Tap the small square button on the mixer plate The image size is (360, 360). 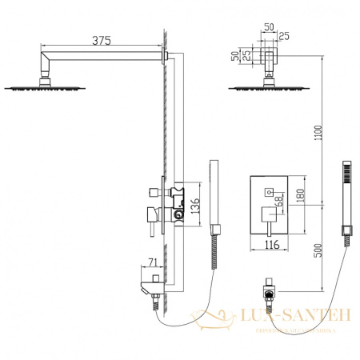(x=266, y=190)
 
